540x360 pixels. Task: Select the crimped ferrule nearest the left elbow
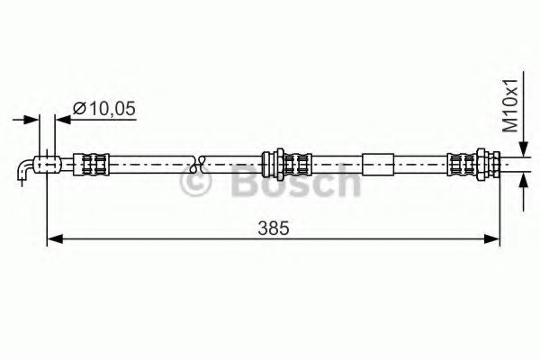[94, 164]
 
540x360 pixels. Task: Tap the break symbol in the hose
[201, 164]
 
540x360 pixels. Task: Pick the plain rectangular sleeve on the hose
[378, 164]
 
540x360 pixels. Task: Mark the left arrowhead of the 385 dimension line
[52, 238]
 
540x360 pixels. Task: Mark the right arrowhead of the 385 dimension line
[494, 238]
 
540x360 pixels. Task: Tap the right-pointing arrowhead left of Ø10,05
[34, 118]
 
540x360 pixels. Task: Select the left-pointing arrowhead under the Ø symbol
[61, 118]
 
